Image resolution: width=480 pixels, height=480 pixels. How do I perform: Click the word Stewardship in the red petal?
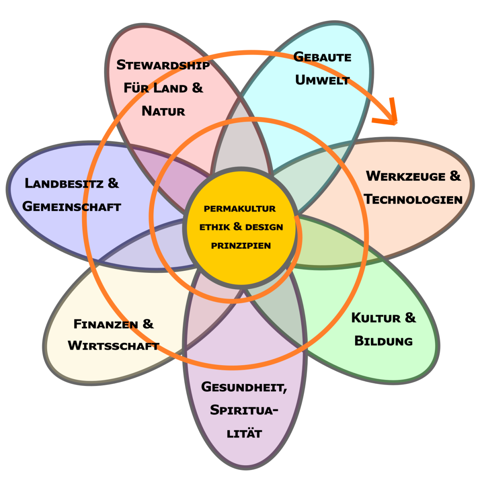point(163,65)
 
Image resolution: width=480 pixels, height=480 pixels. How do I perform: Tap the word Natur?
point(164,111)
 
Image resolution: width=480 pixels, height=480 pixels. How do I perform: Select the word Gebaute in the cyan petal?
point(322,57)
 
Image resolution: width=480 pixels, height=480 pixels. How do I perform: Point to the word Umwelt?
point(322,80)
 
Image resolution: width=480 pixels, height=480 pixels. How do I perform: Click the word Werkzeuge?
point(406,176)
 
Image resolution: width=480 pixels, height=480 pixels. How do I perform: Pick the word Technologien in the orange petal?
point(413,199)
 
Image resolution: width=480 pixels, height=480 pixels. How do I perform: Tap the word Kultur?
point(376,318)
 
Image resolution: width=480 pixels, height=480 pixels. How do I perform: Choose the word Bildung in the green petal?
point(384,341)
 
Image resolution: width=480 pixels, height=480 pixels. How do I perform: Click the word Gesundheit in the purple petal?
point(244,387)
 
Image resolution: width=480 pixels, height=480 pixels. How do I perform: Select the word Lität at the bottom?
point(244,434)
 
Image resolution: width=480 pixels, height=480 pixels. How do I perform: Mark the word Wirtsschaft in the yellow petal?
point(114,346)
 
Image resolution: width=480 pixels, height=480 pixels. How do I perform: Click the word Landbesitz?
point(64,184)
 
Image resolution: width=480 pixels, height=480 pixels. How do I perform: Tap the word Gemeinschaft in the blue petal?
point(72,206)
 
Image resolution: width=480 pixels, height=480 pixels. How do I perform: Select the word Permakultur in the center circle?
point(240,209)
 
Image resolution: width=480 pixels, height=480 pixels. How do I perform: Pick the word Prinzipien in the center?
point(241,246)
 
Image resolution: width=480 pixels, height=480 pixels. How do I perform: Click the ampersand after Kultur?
point(410,318)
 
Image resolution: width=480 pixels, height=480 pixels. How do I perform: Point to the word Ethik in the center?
point(215,227)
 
